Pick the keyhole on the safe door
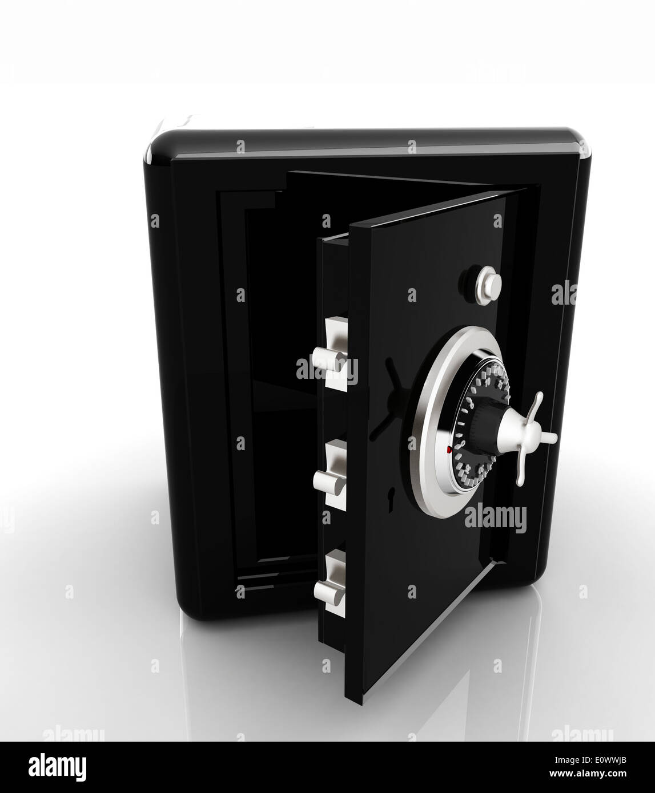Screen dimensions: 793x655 tap(391, 495)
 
